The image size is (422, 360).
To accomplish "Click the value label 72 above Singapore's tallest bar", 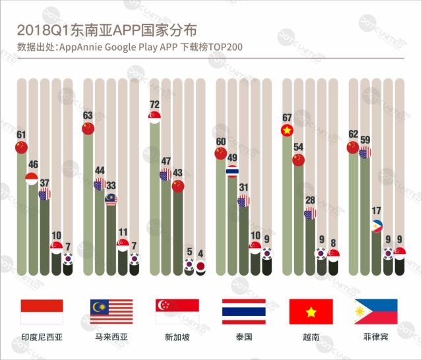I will [x=154, y=104].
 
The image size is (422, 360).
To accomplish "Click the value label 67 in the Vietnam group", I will [x=287, y=118].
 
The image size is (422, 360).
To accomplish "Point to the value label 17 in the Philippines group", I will [x=376, y=212].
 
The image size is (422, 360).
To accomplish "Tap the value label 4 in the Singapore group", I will [x=201, y=254].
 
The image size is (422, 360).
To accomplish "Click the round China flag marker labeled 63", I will [x=88, y=129].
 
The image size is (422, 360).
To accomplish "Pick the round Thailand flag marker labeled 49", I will [x=232, y=171].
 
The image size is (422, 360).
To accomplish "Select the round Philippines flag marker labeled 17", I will [x=376, y=225].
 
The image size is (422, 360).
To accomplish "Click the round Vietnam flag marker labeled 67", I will [x=287, y=131].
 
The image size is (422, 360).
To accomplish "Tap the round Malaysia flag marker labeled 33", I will [x=111, y=198].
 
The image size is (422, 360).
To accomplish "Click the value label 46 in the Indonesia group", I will [x=32, y=165].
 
